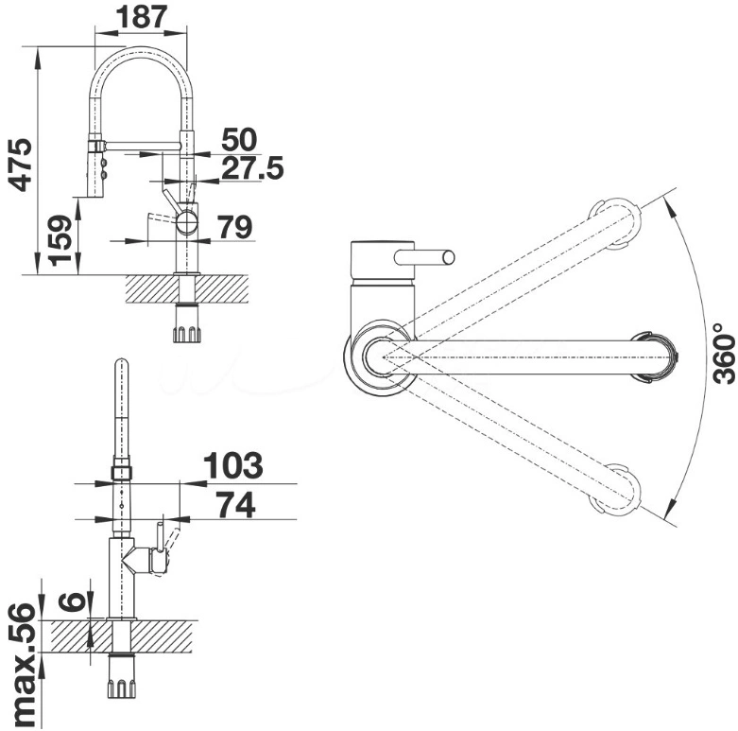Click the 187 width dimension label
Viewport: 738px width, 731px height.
coord(141,17)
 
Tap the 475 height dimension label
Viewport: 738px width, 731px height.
coord(21,165)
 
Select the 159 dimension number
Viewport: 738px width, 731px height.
coord(61,240)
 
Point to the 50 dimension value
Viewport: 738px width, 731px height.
coord(239,139)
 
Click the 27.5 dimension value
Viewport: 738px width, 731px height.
coord(252,168)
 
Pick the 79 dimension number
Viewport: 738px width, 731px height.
coord(234,227)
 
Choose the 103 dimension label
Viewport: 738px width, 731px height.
coord(233,465)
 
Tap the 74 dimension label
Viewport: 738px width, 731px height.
coord(235,504)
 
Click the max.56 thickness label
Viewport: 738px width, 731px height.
coord(22,666)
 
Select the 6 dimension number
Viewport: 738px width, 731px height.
coord(72,601)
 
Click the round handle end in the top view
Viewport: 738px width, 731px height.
coord(449,257)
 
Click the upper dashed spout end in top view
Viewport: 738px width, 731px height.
coord(614,224)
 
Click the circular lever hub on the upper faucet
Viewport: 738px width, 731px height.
coord(187,221)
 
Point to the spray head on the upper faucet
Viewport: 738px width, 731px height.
coord(95,167)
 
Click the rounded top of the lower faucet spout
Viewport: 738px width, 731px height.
coord(122,364)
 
